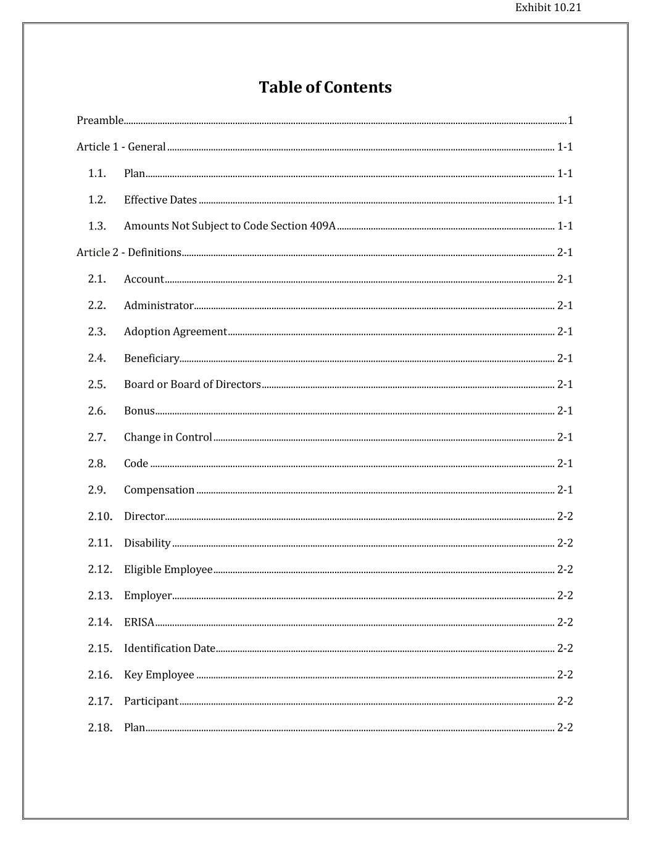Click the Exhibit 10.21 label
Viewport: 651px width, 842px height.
[x=548, y=7]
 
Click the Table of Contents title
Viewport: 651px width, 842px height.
[x=325, y=87]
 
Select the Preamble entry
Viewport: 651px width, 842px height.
[x=100, y=120]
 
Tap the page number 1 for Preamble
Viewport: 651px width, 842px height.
[x=570, y=120]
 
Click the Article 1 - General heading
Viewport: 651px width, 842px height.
[x=121, y=147]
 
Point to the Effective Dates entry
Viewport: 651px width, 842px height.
[x=160, y=200]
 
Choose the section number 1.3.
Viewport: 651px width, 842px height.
[x=97, y=226]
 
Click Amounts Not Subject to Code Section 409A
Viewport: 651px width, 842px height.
[x=230, y=226]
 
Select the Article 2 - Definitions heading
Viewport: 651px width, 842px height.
[x=129, y=252]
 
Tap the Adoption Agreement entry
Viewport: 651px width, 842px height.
[x=175, y=331]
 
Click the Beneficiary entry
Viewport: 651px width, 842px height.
[x=151, y=358]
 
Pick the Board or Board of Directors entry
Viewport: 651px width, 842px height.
[x=193, y=384]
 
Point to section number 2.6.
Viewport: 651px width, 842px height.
[x=97, y=411]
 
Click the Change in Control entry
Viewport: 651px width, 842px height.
[x=168, y=437]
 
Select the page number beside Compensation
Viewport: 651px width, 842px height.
[x=565, y=490]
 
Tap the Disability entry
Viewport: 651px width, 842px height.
[x=147, y=543]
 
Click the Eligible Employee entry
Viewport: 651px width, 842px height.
[x=168, y=569]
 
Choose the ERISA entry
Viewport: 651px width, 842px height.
[x=139, y=622]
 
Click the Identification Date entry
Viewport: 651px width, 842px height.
[x=170, y=648]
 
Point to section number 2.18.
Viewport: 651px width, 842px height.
[x=100, y=727]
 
